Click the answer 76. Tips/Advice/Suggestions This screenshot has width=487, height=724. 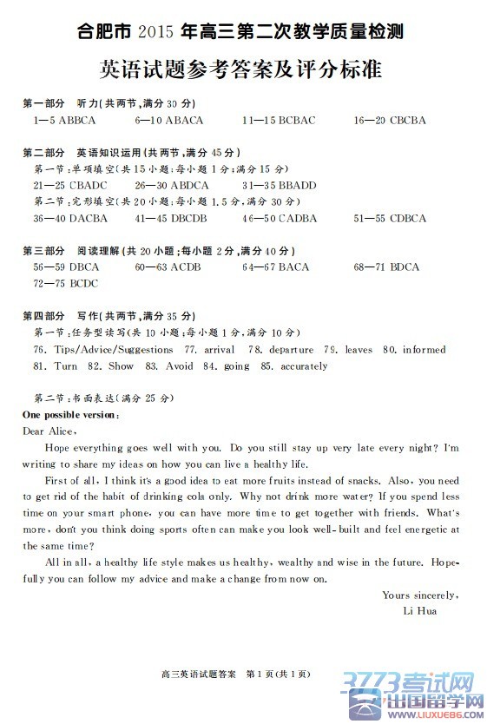103,349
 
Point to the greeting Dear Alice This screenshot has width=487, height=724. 49,431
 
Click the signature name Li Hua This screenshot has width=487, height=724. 420,610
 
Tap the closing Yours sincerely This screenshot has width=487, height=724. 420,595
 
